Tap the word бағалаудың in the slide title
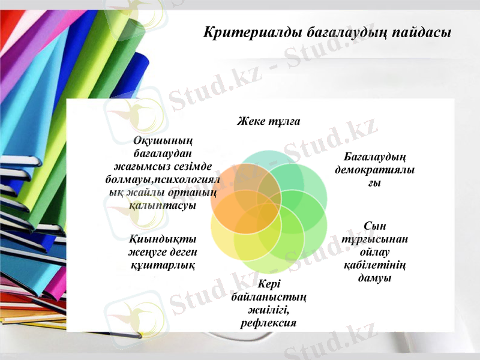tap(338, 31)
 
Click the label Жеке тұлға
tap(268, 122)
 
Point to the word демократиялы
tap(374, 170)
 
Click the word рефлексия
tap(268, 323)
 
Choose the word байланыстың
tap(268, 296)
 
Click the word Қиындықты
tap(161, 239)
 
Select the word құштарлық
tap(161, 265)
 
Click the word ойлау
tap(374, 253)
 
